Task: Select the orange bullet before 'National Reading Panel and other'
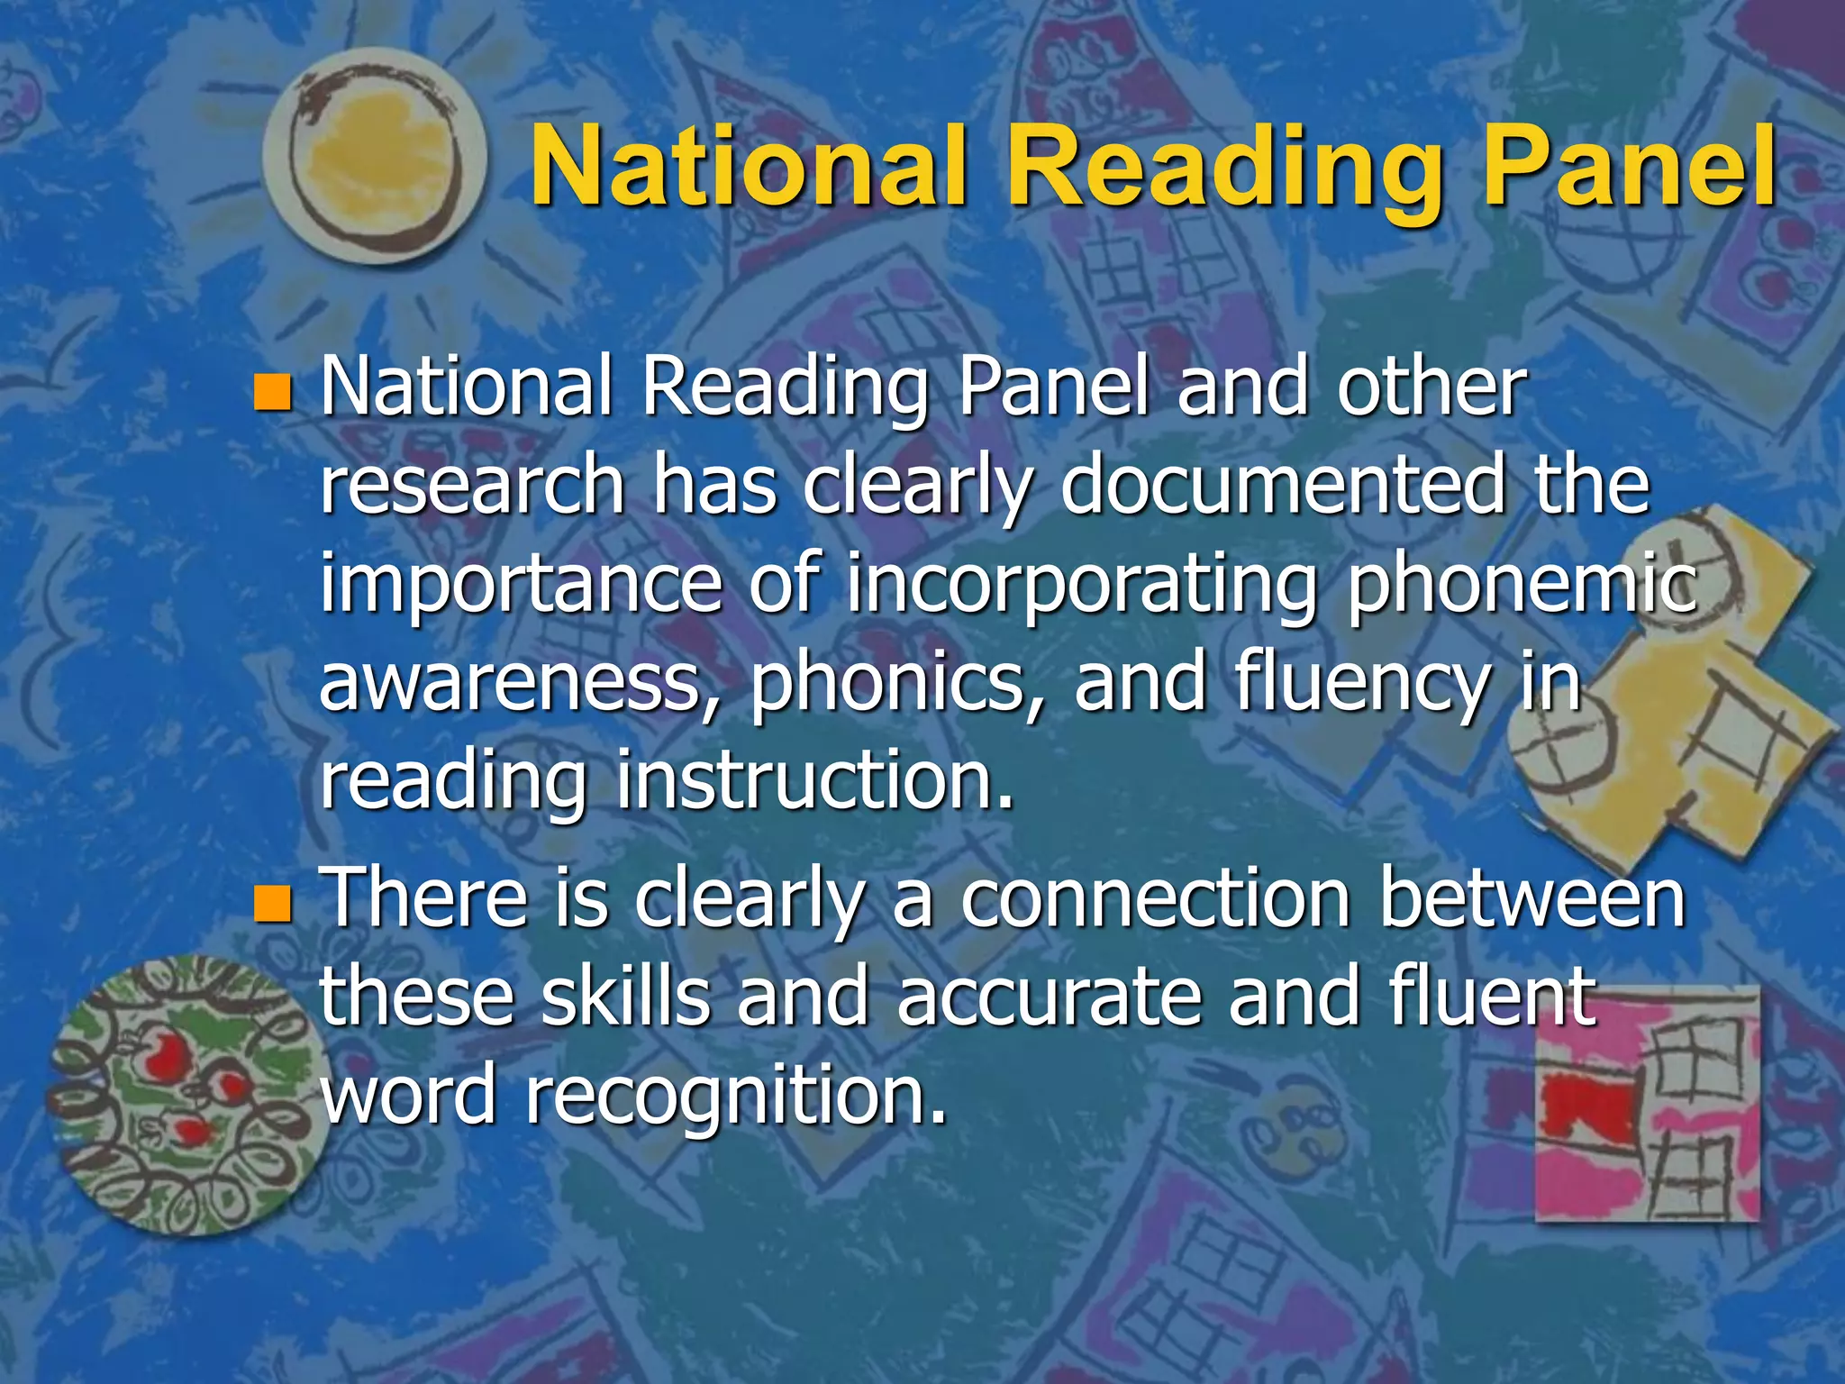(272, 393)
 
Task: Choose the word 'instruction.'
(815, 780)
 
